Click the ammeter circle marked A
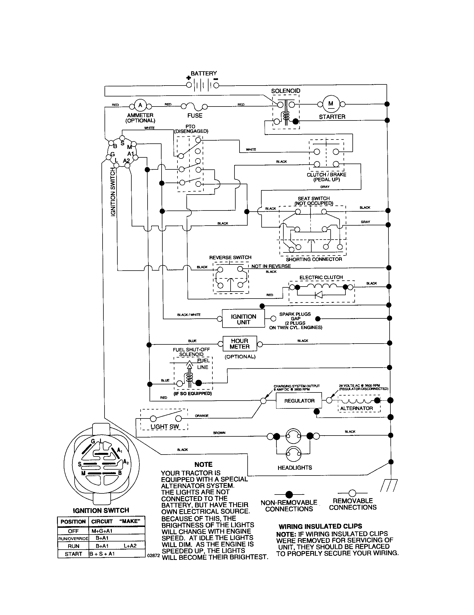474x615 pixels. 140,105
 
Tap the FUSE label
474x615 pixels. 195,115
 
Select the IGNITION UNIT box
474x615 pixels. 243,319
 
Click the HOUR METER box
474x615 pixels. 240,344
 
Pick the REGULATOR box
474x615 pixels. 299,401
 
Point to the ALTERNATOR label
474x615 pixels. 356,408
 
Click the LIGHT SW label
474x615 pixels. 164,427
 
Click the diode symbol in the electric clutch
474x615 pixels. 319,295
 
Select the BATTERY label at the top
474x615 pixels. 203,74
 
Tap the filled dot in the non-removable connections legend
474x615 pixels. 289,495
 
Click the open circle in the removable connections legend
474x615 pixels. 352,493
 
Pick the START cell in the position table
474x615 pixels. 73,553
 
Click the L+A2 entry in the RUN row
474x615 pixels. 130,546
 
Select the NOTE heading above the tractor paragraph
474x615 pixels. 203,464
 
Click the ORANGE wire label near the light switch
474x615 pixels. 202,416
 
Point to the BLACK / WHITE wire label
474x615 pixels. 189,314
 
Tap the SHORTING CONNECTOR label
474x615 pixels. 314,259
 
